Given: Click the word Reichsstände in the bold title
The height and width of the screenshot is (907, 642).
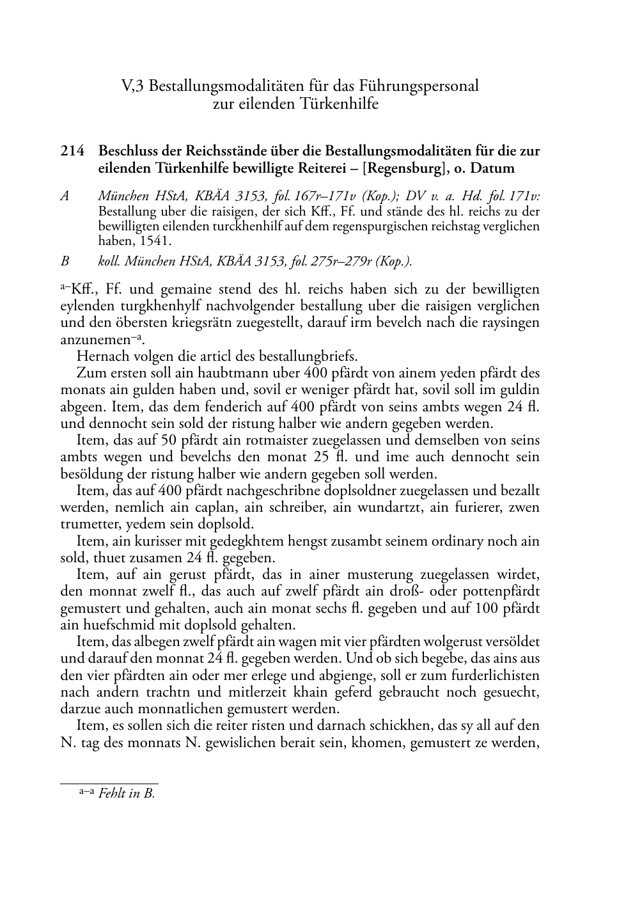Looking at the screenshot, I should (224, 152).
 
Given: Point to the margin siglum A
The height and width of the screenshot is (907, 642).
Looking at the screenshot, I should (65, 196).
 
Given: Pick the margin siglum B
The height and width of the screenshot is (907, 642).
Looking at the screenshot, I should (65, 261).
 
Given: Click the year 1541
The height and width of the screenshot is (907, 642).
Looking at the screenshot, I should (156, 241).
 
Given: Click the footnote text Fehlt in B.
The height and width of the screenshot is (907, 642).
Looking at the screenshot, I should (127, 794).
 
